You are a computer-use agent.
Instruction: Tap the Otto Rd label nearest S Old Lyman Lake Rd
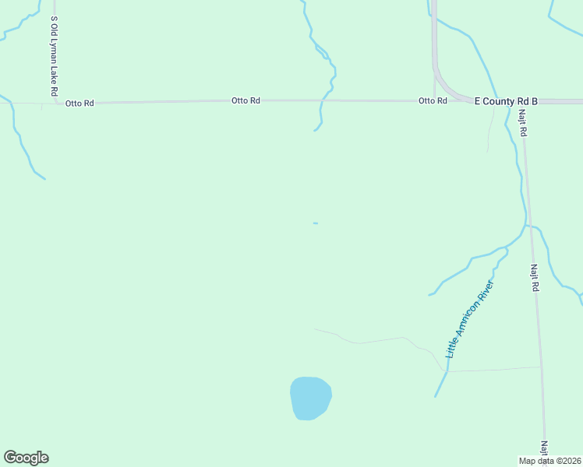pos(79,103)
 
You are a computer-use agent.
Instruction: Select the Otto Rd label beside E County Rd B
pos(433,101)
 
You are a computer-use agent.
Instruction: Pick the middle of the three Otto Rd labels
pos(246,101)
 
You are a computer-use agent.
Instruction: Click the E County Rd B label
pos(507,101)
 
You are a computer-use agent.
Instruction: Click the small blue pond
pos(310,398)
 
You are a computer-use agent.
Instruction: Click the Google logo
pos(26,458)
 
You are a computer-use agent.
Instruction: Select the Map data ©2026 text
pos(549,461)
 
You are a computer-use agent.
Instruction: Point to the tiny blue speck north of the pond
pos(315,223)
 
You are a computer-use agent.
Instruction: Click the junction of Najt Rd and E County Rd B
pos(520,102)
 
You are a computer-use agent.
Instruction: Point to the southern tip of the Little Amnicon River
pos(436,396)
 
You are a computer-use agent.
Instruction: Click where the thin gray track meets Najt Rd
pos(540,367)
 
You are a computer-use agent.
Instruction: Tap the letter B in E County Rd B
pos(535,101)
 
